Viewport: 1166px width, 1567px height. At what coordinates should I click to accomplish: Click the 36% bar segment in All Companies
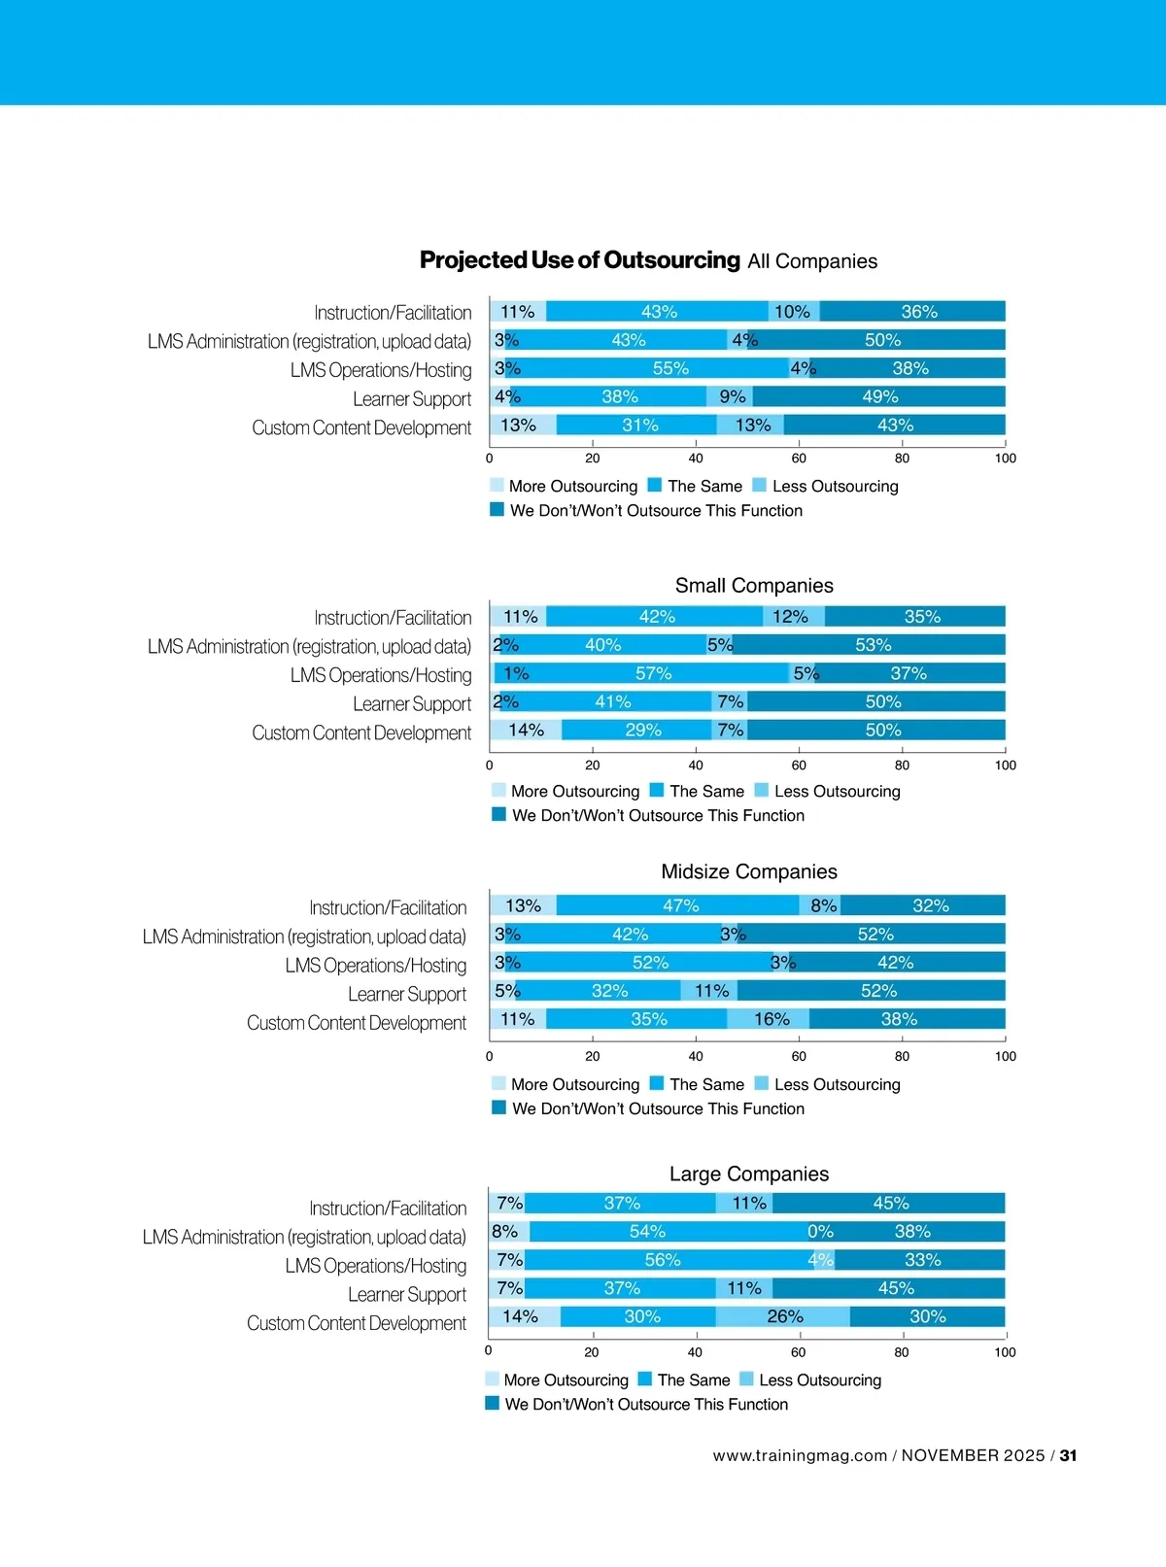(912, 312)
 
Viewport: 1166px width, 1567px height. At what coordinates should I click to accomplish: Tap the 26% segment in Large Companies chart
(783, 1316)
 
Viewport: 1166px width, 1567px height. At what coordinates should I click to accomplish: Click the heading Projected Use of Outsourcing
(579, 260)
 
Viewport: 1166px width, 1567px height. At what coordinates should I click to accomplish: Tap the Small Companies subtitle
(754, 586)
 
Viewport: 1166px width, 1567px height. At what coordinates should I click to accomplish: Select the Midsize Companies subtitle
(749, 871)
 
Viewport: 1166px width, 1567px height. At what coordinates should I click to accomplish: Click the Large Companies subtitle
(749, 1174)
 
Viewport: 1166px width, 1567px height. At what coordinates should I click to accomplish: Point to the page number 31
(1068, 1455)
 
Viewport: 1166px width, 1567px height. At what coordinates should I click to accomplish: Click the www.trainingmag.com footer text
(800, 1455)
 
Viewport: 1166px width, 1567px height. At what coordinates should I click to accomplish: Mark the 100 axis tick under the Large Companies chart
(1005, 1352)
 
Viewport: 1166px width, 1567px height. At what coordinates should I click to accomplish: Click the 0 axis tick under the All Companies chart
(490, 459)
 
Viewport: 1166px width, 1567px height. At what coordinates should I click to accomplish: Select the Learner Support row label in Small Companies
(412, 703)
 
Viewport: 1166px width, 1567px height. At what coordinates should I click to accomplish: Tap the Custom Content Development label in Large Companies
(357, 1323)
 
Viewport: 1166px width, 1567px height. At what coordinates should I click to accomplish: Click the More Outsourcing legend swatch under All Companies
(497, 486)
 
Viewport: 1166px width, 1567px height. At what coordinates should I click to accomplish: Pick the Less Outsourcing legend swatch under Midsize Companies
(762, 1084)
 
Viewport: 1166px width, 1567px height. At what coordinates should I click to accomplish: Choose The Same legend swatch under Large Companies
(645, 1380)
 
